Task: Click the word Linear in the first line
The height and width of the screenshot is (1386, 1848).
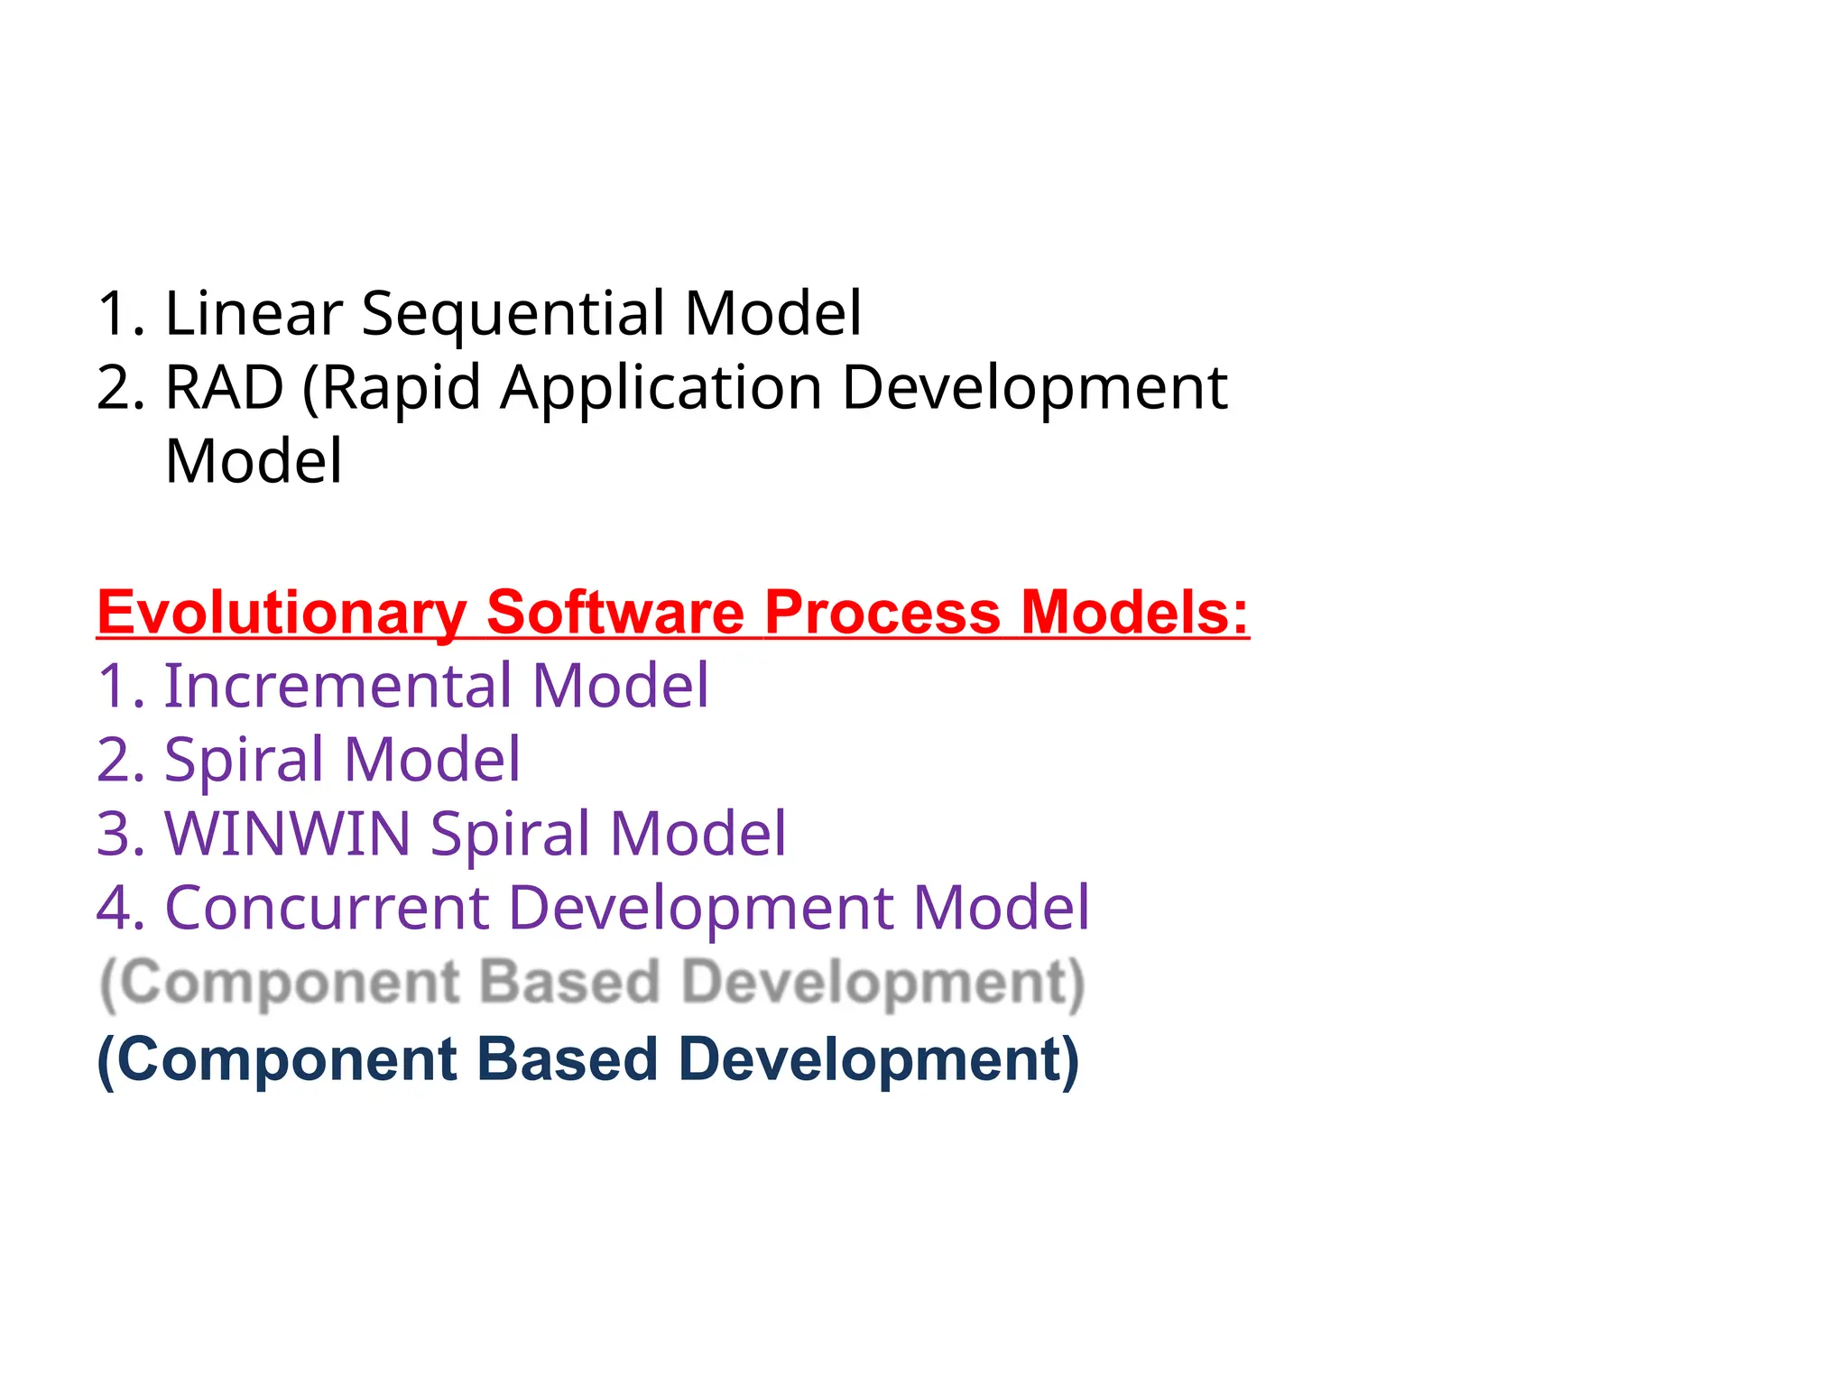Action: pos(254,313)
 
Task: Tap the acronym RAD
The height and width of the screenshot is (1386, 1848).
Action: pos(224,388)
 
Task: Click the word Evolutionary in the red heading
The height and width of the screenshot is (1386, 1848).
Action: pos(282,614)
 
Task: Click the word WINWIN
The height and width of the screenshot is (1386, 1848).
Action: pos(287,834)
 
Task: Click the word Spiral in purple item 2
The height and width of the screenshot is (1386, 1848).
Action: pos(244,760)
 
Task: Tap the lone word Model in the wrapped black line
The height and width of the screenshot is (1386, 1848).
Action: pos(254,462)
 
